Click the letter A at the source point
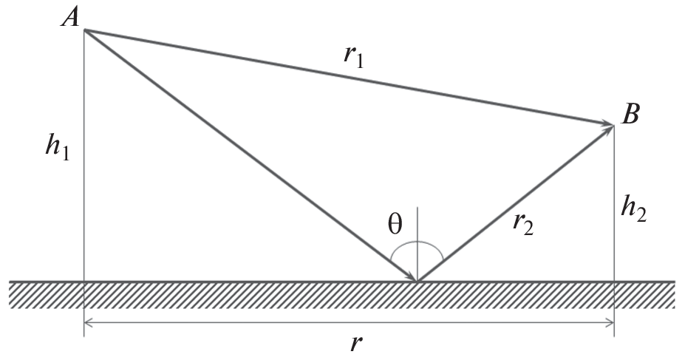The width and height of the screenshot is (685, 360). (x=70, y=18)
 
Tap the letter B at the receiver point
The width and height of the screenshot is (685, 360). (x=630, y=115)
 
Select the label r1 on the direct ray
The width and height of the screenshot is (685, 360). (x=353, y=56)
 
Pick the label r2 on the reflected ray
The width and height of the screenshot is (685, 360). (x=523, y=223)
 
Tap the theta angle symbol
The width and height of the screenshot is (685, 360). (x=395, y=225)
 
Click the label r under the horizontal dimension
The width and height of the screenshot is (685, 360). (x=357, y=344)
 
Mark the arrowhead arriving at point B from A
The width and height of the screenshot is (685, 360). (x=608, y=124)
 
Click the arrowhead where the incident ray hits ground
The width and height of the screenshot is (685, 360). (x=411, y=276)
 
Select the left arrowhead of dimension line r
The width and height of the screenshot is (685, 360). (x=88, y=323)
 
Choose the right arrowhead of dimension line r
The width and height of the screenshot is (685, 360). (x=610, y=323)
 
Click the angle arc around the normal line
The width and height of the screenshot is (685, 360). (x=418, y=242)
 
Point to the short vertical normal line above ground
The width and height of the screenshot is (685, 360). (x=418, y=244)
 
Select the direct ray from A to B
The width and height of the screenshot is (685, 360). (x=349, y=78)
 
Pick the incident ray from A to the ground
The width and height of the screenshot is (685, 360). (x=251, y=155)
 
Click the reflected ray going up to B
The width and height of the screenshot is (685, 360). (x=516, y=203)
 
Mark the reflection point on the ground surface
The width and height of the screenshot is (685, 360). (x=418, y=282)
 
